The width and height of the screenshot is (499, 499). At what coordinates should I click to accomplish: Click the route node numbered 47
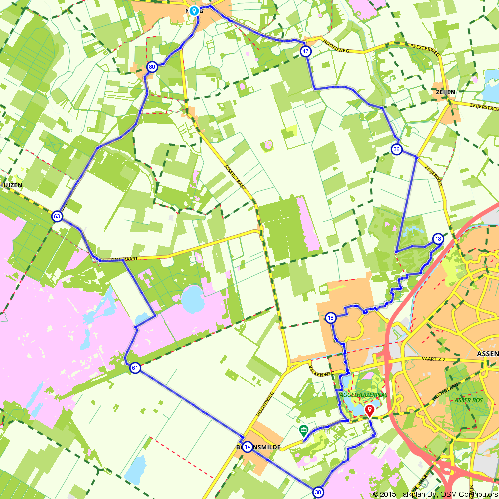click(306, 52)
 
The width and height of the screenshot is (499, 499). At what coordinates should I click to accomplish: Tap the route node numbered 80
click(152, 67)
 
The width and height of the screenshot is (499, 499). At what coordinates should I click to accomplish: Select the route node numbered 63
click(57, 216)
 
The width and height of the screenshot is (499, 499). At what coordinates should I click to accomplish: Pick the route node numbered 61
click(135, 368)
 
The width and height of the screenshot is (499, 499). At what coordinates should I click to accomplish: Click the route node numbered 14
click(248, 446)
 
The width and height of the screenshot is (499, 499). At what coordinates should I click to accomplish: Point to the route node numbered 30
click(318, 492)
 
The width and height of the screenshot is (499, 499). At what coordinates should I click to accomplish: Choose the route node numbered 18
click(331, 318)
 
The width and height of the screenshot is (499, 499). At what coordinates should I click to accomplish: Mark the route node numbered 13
click(438, 239)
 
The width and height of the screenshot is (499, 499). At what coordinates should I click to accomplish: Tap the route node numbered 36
click(397, 149)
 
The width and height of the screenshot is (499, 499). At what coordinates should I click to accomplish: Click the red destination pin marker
click(369, 411)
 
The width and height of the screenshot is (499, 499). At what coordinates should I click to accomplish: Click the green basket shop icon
click(303, 430)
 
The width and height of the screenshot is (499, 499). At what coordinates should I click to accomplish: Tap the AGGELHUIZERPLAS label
click(364, 395)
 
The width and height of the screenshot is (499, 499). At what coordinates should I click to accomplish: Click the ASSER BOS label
click(468, 400)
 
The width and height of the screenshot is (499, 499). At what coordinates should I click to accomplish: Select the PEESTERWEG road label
click(424, 47)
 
